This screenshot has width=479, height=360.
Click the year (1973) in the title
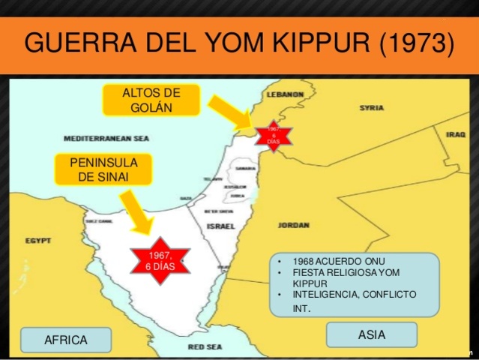coord(416,43)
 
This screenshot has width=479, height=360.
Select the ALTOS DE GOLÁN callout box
coord(151,100)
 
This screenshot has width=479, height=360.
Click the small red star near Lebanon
coord(274,136)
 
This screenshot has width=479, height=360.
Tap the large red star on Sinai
coord(159,262)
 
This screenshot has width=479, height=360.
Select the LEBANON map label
coord(286,94)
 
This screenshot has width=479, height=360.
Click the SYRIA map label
coord(371,108)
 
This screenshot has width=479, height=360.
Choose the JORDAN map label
coord(293,224)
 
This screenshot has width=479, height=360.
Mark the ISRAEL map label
coord(220,226)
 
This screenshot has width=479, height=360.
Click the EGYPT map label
coord(37,241)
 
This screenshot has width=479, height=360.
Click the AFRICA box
coord(66,340)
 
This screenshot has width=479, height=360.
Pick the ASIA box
coord(372,334)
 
